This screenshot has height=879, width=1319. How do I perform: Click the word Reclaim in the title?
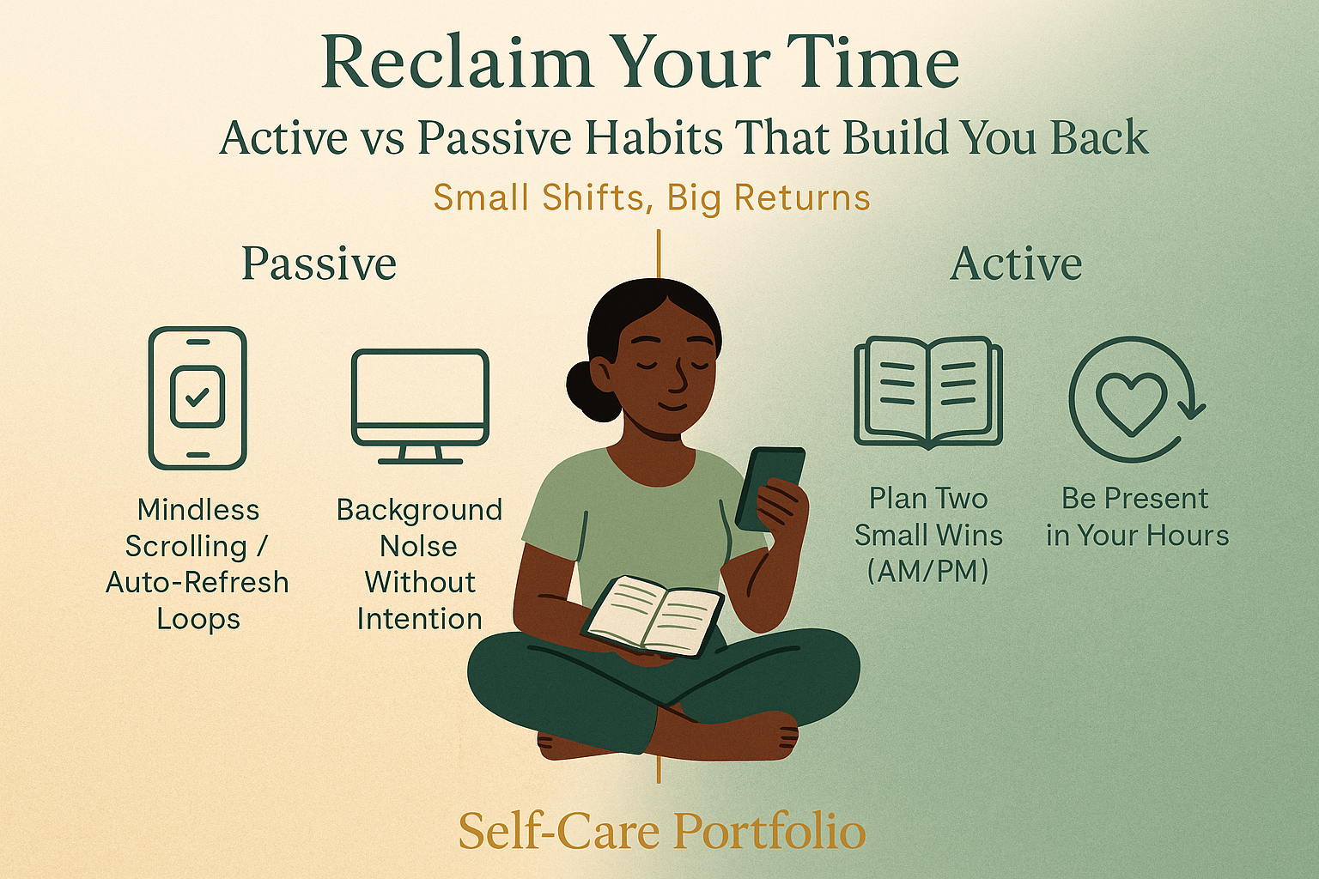(457, 64)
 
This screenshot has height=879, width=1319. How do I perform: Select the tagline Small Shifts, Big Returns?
(652, 197)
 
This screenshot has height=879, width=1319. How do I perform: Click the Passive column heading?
(319, 264)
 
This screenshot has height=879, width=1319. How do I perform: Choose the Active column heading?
(1016, 264)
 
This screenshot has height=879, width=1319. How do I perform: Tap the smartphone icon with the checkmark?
(198, 397)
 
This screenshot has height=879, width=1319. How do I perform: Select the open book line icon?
(928, 392)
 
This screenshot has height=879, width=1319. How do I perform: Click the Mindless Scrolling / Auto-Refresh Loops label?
(198, 564)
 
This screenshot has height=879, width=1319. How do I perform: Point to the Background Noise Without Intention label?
(419, 564)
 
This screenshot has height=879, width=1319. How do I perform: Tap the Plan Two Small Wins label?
(928, 534)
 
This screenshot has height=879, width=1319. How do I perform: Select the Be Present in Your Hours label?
(1137, 517)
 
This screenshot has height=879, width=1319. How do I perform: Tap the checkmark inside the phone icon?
(198, 397)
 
